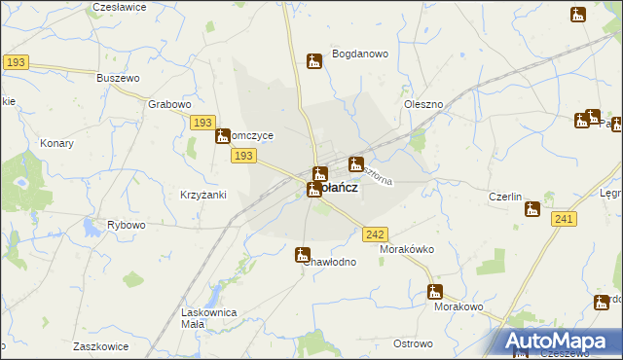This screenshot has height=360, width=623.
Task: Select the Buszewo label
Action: point(120,77)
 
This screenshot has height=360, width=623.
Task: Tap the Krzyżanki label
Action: point(202,195)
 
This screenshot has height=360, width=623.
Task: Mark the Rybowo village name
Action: point(127,225)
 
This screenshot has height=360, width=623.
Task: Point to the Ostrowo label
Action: point(413,343)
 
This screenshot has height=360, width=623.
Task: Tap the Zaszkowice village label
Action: point(103,346)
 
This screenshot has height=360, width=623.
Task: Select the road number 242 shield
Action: point(376,234)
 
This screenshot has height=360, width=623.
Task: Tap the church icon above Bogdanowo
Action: point(314,61)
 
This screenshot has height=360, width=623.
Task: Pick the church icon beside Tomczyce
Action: point(223,137)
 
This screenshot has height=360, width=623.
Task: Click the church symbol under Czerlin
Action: point(532,208)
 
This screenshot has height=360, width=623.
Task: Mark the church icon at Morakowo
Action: point(435,291)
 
